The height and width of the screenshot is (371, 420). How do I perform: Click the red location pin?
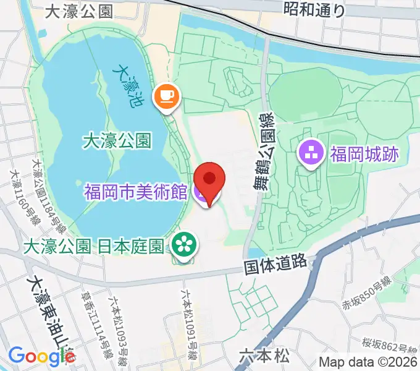tap(209, 180)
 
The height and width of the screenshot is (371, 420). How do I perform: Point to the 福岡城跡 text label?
tap(364, 153)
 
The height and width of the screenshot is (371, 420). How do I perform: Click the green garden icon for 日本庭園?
tap(183, 245)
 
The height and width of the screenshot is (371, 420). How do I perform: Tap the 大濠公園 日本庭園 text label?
tap(93, 247)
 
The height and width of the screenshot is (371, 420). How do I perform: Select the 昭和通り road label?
tap(314, 9)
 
